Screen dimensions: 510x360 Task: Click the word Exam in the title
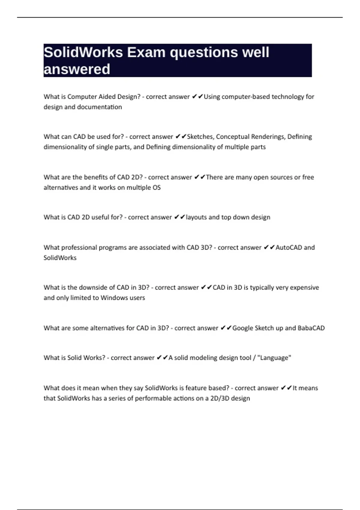[x=146, y=52]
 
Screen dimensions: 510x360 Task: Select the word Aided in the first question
[x=107, y=97]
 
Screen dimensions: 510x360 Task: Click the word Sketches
[x=200, y=137]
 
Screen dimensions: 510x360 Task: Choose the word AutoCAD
[x=289, y=247]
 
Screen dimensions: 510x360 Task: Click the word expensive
[x=304, y=287]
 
